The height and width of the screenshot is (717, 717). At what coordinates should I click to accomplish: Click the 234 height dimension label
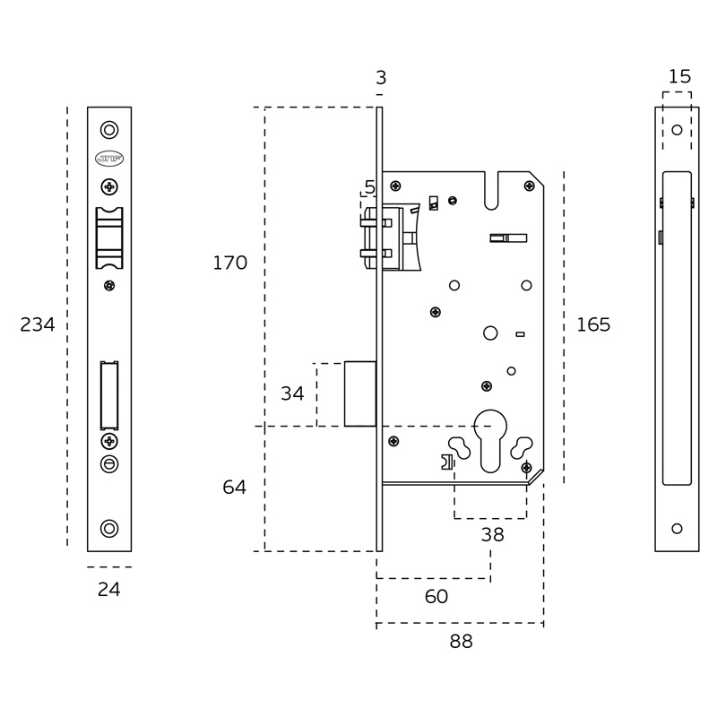[38, 324]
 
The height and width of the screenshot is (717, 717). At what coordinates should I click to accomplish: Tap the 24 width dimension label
[108, 590]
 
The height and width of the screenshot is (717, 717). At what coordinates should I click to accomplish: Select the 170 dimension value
[230, 263]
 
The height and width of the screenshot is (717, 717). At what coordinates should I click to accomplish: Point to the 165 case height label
[593, 324]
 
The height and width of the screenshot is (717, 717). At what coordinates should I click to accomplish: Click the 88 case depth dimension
[461, 642]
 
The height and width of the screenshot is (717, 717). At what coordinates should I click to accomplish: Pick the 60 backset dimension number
[436, 596]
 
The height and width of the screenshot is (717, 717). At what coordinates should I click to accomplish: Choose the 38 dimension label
[492, 534]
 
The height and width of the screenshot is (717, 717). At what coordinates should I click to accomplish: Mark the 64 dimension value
[235, 487]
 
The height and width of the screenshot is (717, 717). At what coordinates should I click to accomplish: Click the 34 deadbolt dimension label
[292, 393]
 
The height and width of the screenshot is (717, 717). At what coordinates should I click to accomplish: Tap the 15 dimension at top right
[679, 76]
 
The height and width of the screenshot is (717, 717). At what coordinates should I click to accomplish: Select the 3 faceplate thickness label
[381, 78]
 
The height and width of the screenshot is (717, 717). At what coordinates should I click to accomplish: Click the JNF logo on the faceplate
[109, 159]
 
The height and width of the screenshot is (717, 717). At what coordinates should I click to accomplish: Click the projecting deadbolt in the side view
[360, 393]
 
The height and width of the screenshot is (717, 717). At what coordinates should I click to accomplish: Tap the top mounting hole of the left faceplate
[109, 130]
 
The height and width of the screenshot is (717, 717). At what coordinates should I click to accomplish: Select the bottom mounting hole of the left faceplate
[109, 529]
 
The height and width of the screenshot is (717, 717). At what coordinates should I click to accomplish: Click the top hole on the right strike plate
[677, 130]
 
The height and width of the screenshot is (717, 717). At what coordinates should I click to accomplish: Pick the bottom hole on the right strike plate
[677, 529]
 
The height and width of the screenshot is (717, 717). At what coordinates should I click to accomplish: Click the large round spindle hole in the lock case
[490, 333]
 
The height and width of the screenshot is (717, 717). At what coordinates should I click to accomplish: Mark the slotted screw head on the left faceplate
[109, 464]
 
